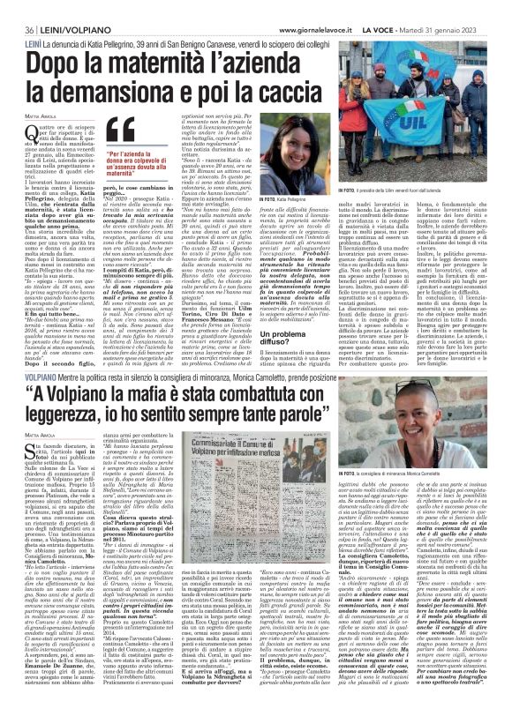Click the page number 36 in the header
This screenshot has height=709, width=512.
click(x=17, y=7)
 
